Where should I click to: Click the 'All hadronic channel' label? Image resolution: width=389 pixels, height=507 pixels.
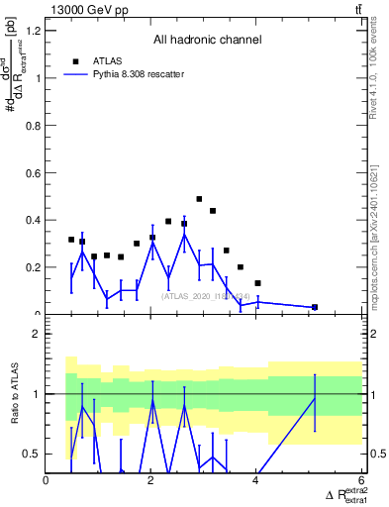point(207,41)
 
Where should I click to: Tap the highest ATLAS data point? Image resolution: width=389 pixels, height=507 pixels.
point(199,199)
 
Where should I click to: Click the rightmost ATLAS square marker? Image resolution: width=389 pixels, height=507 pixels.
point(315,307)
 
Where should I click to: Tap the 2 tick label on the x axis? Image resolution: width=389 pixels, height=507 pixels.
point(151,480)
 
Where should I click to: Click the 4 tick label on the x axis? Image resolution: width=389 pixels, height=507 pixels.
point(256,480)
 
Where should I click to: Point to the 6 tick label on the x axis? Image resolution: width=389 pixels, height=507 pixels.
point(361,480)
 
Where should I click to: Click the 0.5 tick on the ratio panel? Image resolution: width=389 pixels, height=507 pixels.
point(31,454)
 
